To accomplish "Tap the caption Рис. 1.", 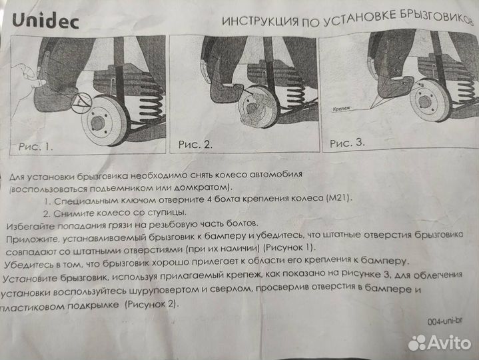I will coord(34,146).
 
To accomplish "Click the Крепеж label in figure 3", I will coord(341,106).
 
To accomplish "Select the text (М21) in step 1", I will coord(339,199).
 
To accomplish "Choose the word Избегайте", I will coord(30,225).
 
